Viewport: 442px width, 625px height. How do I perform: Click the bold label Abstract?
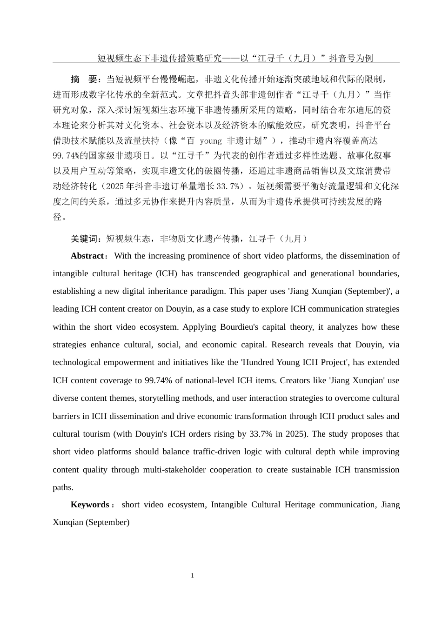coord(87,256)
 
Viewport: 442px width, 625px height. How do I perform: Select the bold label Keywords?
coord(89,505)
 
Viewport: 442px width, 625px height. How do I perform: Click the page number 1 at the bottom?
coord(192,576)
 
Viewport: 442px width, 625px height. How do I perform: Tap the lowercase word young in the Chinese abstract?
coord(210,140)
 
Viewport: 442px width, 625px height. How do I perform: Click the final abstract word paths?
coord(63,487)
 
